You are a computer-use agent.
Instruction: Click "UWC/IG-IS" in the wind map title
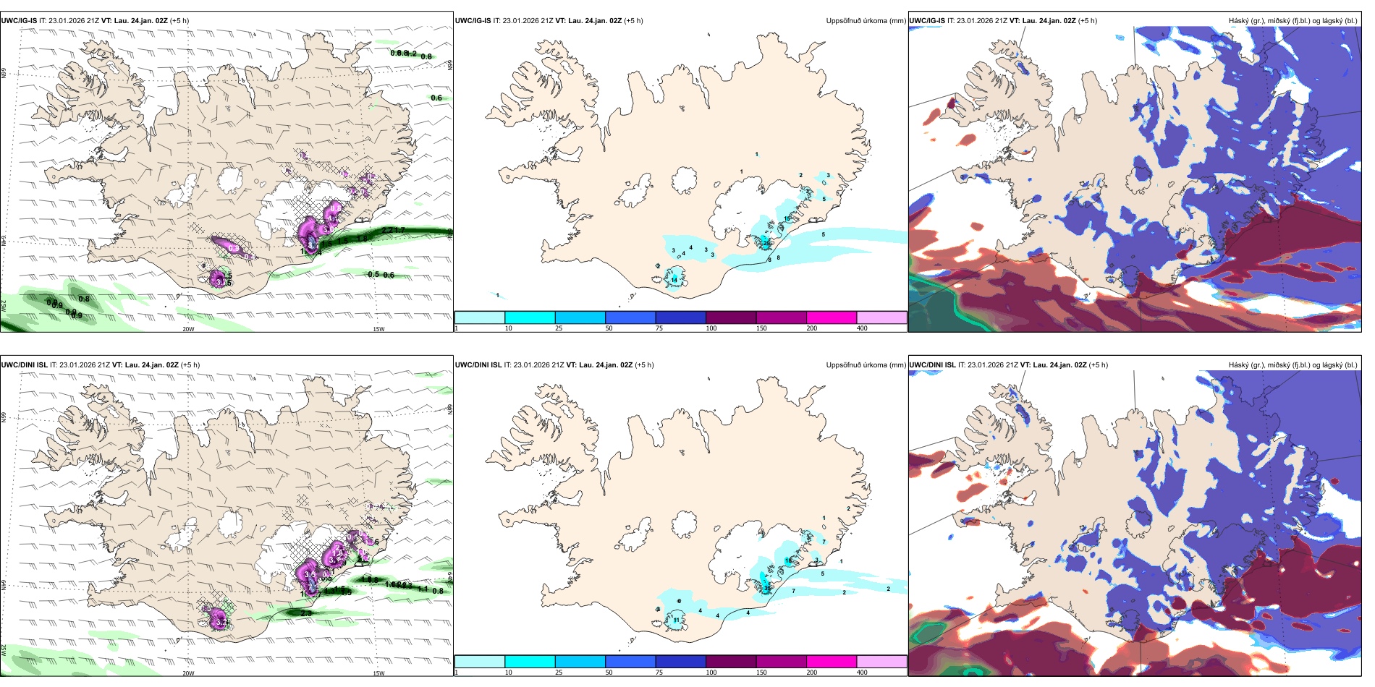[x=19, y=21]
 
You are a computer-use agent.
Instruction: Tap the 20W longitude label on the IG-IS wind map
[x=188, y=329]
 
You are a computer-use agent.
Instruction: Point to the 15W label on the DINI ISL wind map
[x=378, y=673]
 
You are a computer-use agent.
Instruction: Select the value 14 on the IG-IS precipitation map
[x=674, y=280]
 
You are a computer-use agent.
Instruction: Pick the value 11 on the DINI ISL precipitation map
[x=677, y=620]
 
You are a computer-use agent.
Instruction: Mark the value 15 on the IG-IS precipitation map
[x=787, y=218]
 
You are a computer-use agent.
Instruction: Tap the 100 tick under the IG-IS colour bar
[x=711, y=328]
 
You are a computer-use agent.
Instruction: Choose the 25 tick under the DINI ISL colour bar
[x=559, y=673]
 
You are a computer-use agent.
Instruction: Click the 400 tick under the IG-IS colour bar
[x=862, y=328]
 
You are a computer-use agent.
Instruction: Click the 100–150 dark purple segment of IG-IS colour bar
[x=731, y=317]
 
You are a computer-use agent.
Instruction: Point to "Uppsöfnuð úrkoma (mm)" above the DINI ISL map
[x=866, y=365]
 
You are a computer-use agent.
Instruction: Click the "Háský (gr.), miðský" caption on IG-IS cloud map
[x=1259, y=21]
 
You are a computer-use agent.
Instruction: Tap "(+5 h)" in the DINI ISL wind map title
[x=190, y=365]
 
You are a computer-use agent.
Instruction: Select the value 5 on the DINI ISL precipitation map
[x=822, y=573]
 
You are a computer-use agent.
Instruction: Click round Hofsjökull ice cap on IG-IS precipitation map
[x=685, y=180]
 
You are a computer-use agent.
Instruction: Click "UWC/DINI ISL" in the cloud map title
[x=932, y=365]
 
